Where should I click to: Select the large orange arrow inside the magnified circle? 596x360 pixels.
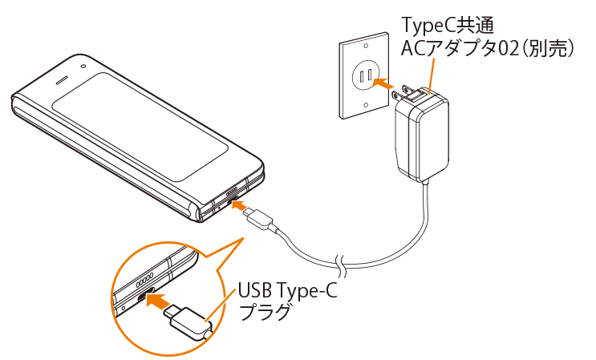(160, 301)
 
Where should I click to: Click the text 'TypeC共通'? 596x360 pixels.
(448, 25)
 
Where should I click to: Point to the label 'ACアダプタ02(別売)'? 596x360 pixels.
(488, 49)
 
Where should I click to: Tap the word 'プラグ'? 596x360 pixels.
(266, 312)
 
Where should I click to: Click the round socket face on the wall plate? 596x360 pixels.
(364, 75)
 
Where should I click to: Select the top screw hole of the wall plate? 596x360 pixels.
(365, 46)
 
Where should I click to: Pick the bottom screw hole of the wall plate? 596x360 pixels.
(365, 105)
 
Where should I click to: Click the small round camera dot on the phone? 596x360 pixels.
(83, 67)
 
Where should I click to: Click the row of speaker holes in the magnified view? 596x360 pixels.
(145, 279)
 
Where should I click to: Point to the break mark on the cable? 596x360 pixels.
(341, 265)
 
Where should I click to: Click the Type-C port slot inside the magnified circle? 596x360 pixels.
(145, 295)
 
